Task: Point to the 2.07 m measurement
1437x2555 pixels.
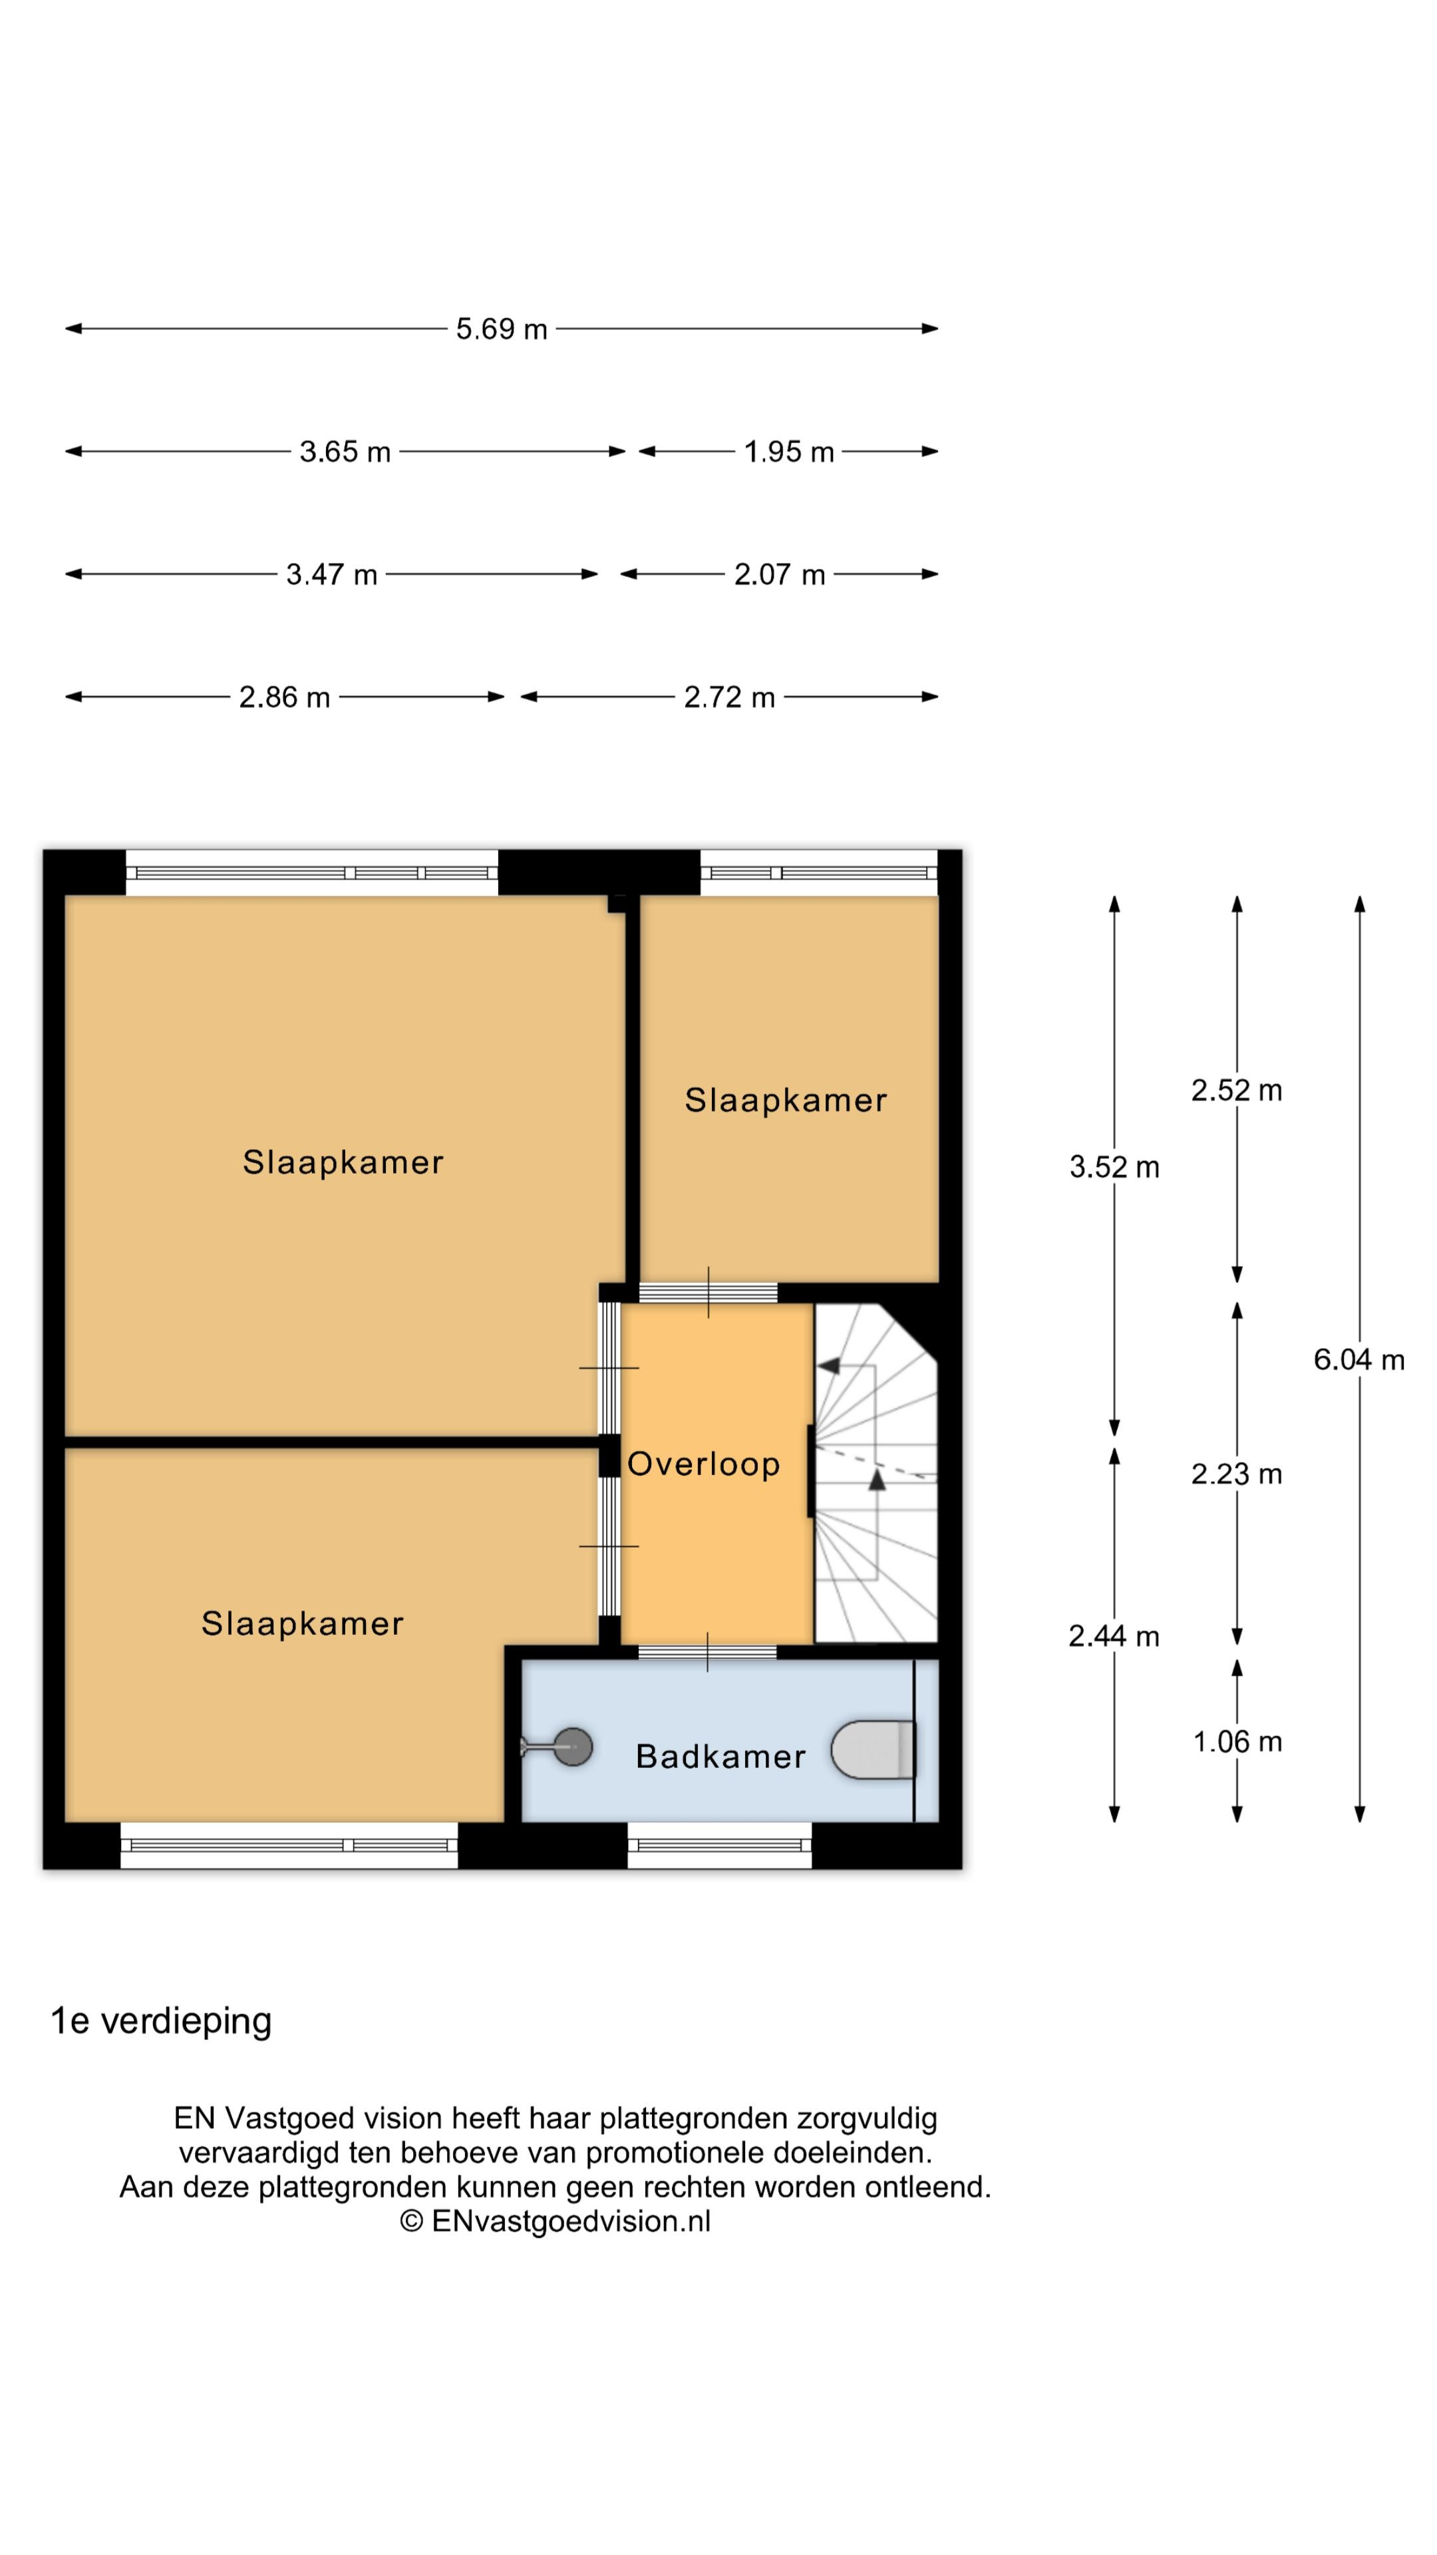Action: pyautogui.click(x=780, y=574)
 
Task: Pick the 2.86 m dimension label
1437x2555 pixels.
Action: pyautogui.click(x=285, y=697)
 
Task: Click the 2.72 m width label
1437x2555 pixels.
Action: pyautogui.click(x=729, y=697)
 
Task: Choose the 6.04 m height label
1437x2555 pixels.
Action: pyautogui.click(x=1358, y=1360)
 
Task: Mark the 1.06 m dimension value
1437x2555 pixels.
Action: pyautogui.click(x=1237, y=1742)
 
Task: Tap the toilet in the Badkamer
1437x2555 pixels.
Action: pyautogui.click(x=873, y=1750)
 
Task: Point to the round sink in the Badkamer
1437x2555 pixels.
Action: pyautogui.click(x=571, y=1747)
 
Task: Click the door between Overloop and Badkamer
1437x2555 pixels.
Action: pyautogui.click(x=707, y=1651)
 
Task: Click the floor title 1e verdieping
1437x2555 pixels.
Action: pyautogui.click(x=160, y=2021)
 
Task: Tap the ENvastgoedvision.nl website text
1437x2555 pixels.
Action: pyautogui.click(x=571, y=2221)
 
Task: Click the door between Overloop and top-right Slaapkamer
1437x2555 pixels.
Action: pyautogui.click(x=707, y=1292)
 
